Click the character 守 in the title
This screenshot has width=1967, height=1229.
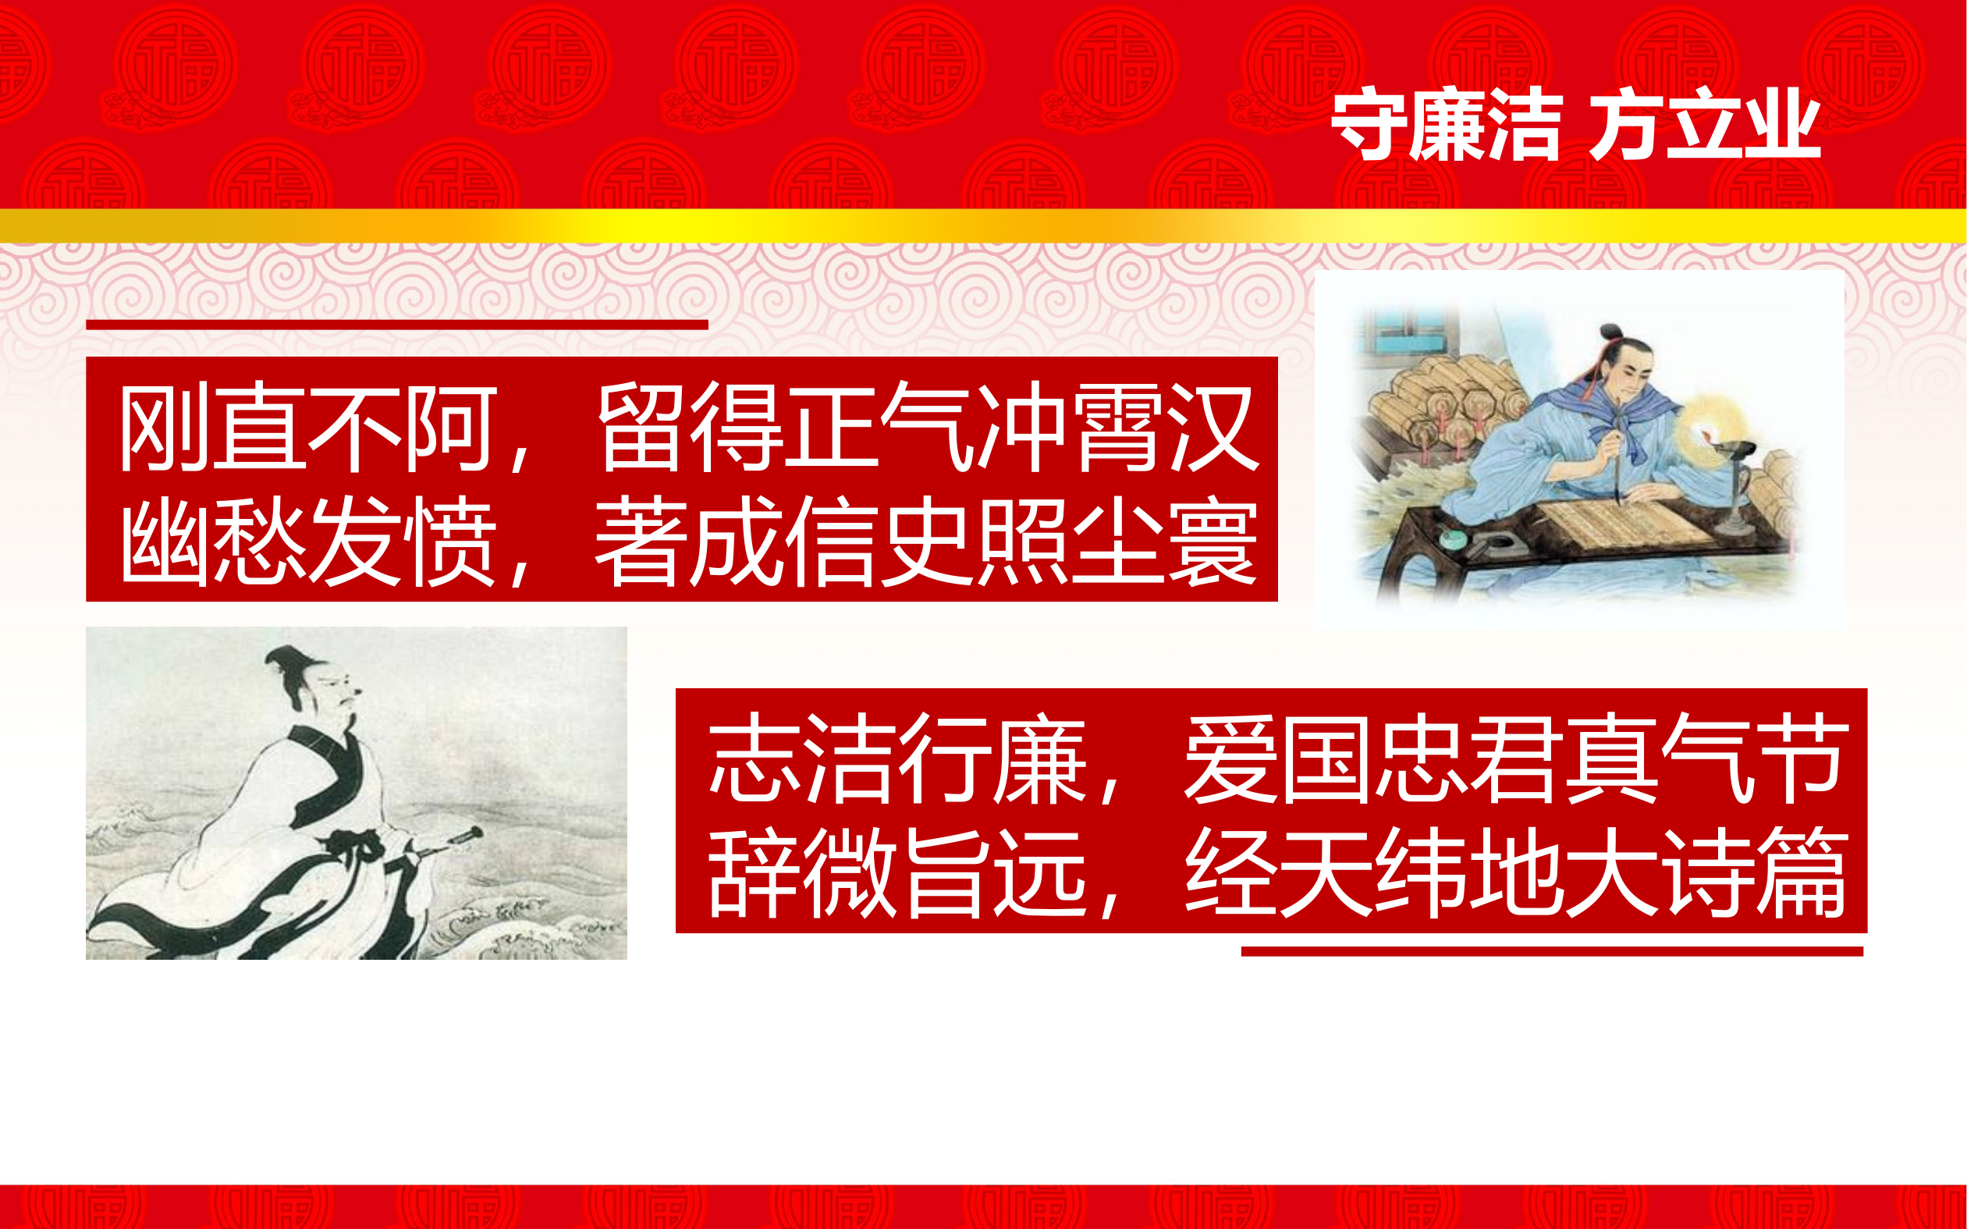[x=1368, y=125]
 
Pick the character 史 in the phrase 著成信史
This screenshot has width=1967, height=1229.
[x=928, y=541]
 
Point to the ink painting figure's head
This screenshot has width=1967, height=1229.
[x=321, y=687]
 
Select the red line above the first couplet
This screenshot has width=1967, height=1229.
[x=396, y=325]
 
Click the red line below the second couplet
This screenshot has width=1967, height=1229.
[x=1552, y=952]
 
